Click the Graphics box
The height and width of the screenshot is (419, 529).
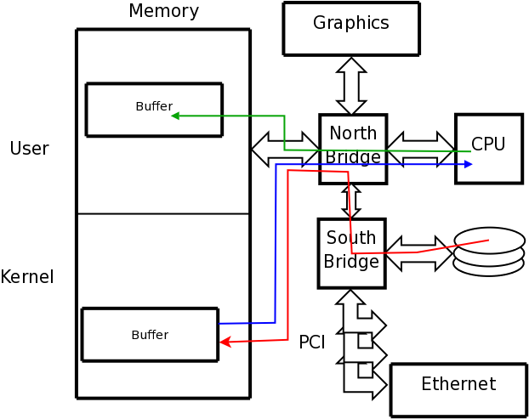(x=350, y=29)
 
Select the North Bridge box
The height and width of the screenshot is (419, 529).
(x=353, y=149)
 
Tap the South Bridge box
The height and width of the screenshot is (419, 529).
(x=351, y=253)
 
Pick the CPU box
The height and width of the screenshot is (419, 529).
(x=489, y=149)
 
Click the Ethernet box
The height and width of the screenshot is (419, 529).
(x=458, y=390)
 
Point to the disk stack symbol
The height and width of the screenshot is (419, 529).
(x=488, y=252)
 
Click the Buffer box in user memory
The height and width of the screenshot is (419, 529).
(x=154, y=110)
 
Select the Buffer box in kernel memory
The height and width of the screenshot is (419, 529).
(x=150, y=335)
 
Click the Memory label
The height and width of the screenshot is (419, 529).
(x=163, y=11)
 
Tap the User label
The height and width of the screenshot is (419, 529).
(x=29, y=149)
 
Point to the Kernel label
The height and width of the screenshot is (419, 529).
(x=27, y=277)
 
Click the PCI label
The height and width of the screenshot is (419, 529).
(x=311, y=343)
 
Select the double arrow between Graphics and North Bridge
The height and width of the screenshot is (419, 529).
(x=351, y=86)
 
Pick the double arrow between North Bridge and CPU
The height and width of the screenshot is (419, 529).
(x=421, y=149)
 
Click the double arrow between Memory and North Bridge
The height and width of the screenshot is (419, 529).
(x=284, y=149)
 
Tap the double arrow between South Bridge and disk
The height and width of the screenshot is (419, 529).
(x=419, y=253)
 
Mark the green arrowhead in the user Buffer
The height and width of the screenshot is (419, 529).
(x=174, y=116)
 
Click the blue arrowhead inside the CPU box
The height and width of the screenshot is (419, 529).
(x=468, y=164)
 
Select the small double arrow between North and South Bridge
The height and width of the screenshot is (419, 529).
(x=351, y=201)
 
